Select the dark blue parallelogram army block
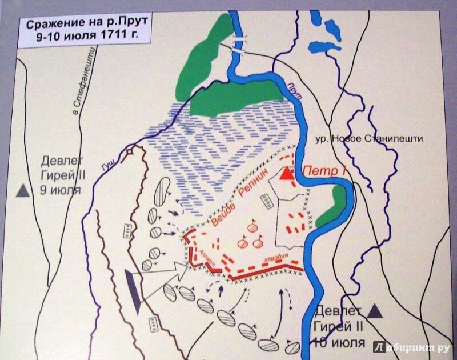[x=133, y=291]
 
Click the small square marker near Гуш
[x=131, y=151]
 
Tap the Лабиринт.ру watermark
[x=411, y=347]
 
